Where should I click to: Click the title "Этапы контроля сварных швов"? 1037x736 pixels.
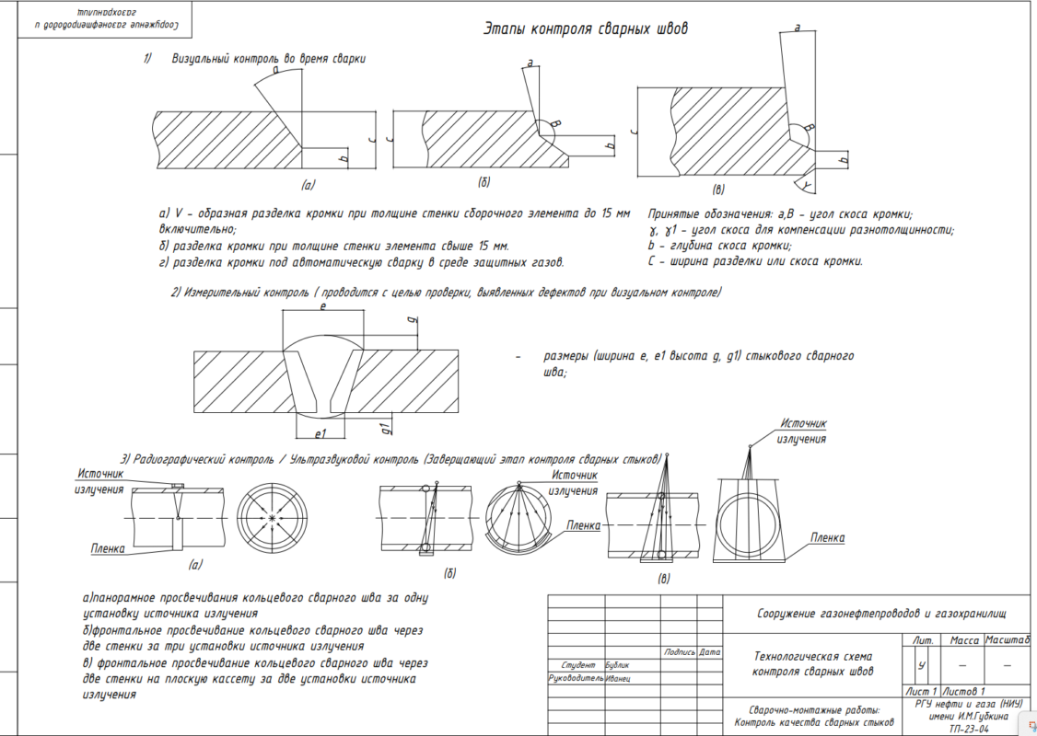point(586,29)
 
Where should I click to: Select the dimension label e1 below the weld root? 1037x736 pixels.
point(321,433)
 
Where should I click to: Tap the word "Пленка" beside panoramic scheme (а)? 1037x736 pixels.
point(108,548)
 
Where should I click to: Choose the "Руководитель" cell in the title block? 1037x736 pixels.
point(576,678)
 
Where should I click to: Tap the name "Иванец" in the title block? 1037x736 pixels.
point(618,678)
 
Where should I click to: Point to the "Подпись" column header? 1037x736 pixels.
point(679,652)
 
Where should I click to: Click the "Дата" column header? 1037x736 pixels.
point(709,652)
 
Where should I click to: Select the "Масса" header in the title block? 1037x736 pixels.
point(963,639)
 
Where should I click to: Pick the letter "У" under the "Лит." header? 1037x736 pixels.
point(921,664)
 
